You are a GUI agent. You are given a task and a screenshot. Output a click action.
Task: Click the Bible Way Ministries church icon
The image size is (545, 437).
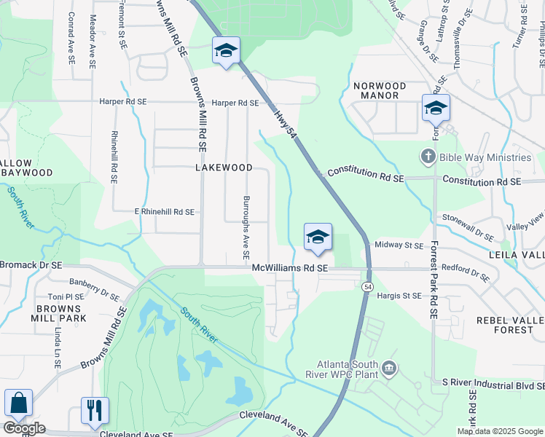(x=428, y=157)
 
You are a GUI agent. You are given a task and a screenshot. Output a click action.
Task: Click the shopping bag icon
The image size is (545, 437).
(x=18, y=403)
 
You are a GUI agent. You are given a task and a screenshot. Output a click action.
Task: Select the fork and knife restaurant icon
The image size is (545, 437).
(x=95, y=411)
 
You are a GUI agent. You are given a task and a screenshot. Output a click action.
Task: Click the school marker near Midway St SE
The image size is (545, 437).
(x=318, y=237)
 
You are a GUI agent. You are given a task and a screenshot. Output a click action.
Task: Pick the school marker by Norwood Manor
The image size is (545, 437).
(x=436, y=108)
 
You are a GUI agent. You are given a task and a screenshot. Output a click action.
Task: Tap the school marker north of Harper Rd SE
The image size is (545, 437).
(x=226, y=50)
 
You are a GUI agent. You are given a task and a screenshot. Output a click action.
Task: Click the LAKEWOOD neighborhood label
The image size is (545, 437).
(x=224, y=168)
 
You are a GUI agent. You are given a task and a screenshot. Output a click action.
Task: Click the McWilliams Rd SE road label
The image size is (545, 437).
(x=291, y=269)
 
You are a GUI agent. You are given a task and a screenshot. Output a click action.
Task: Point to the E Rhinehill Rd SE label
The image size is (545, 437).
(x=164, y=212)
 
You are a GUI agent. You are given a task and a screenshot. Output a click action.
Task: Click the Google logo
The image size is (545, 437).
(x=24, y=428)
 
